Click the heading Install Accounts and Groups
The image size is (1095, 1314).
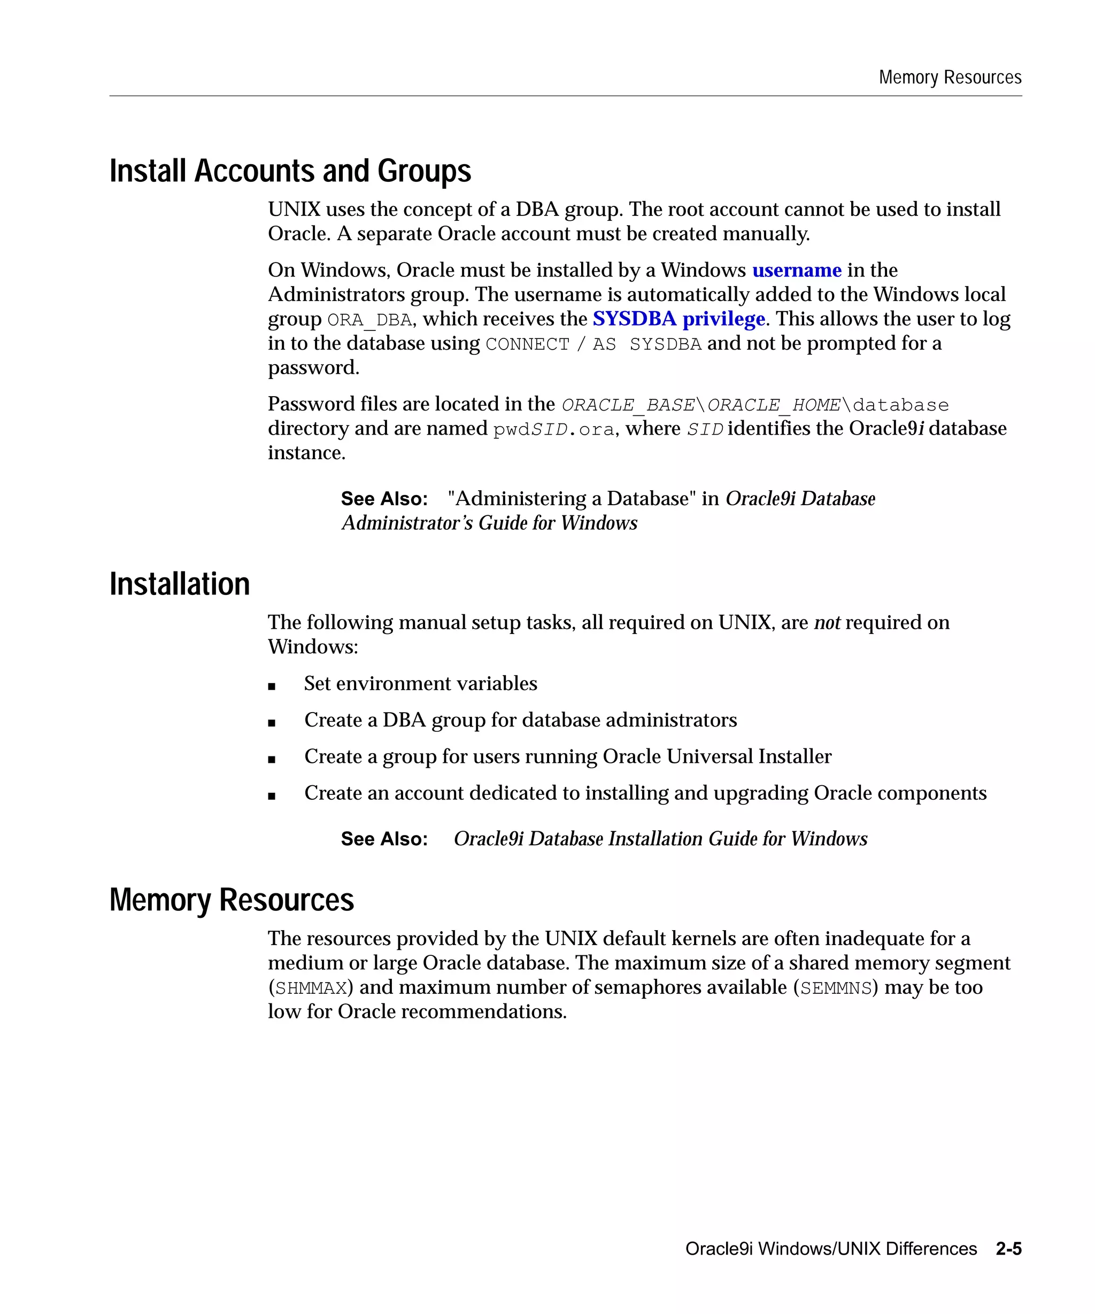tap(290, 171)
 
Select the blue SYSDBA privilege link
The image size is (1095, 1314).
tap(678, 319)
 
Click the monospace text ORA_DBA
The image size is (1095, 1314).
tap(369, 320)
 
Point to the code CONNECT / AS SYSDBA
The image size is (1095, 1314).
tap(592, 344)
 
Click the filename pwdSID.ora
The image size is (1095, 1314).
tap(553, 430)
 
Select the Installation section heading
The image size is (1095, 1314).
tap(180, 584)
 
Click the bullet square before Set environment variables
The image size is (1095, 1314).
tap(272, 686)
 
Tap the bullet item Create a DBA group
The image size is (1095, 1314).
tap(520, 720)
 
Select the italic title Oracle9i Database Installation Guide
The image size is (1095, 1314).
tap(660, 838)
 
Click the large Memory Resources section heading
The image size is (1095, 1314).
tap(232, 899)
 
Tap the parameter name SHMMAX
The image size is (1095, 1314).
tap(311, 988)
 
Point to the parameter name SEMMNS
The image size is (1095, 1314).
tap(836, 988)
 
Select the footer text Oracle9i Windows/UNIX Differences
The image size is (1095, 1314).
tap(830, 1248)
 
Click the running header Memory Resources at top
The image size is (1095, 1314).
tap(949, 77)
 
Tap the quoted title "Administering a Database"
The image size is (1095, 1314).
tap(572, 499)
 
